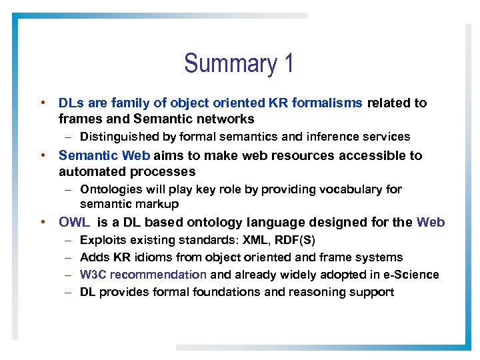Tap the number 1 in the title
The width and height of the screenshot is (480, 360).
click(x=288, y=64)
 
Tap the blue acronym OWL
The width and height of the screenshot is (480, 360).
click(x=73, y=223)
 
